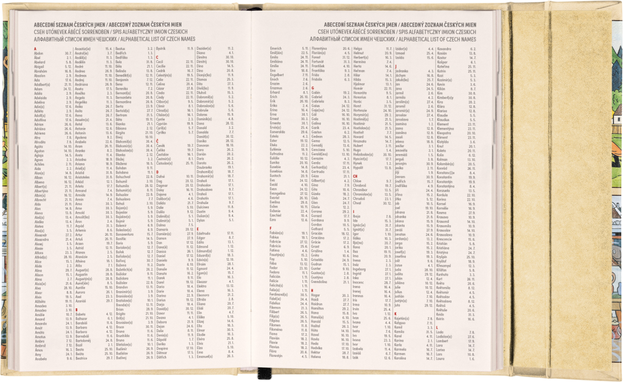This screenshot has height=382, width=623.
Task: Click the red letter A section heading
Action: pos(35,48)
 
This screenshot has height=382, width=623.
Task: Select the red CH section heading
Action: pos(355,176)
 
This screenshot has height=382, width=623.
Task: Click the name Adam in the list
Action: pos(38,88)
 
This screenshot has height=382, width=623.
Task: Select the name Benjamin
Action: pos(123,79)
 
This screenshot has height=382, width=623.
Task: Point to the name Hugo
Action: pos(357,150)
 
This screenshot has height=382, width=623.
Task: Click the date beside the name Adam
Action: pos(69,88)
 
